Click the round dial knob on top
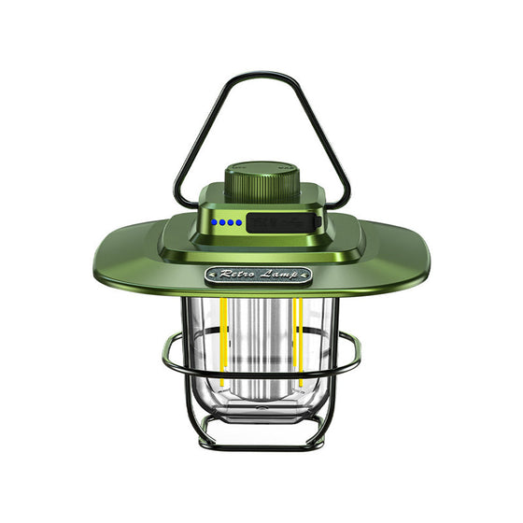click(x=261, y=179)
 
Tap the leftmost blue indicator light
click(x=214, y=223)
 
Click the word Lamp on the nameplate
click(x=283, y=276)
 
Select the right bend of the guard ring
click(x=357, y=355)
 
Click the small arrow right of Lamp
click(x=309, y=276)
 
